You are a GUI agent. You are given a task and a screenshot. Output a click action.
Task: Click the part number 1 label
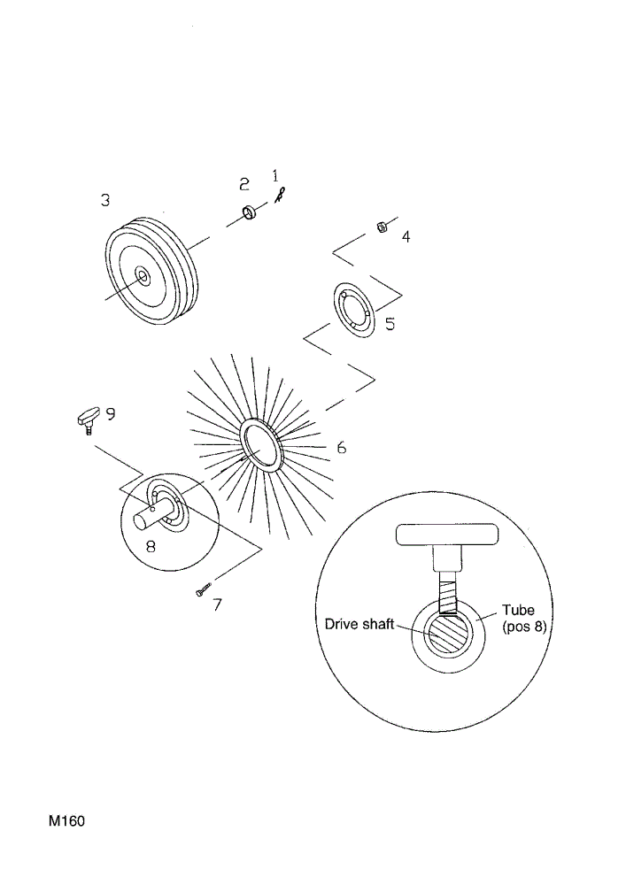[x=275, y=175]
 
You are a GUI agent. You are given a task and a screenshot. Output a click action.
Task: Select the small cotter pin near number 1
[x=280, y=196]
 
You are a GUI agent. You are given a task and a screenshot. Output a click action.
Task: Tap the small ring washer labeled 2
[x=249, y=213]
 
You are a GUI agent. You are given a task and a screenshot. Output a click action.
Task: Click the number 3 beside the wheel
[x=105, y=200]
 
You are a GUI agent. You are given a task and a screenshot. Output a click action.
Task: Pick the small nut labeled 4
[x=382, y=227]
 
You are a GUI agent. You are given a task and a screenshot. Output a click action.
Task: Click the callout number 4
[x=406, y=236]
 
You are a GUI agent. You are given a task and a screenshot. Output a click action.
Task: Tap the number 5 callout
[x=390, y=324]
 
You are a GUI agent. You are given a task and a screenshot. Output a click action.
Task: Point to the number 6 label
[x=342, y=448]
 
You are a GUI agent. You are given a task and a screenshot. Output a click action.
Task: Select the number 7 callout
[x=217, y=604]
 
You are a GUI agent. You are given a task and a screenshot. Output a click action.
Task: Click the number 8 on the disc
[x=151, y=546]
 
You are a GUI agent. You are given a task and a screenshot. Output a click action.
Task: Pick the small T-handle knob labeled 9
[x=87, y=418]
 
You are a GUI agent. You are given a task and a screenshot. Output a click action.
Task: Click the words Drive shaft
[x=359, y=624]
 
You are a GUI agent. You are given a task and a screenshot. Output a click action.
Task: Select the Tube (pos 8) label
[x=524, y=618]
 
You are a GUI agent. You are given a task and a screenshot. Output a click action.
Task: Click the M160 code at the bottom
[x=66, y=820]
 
